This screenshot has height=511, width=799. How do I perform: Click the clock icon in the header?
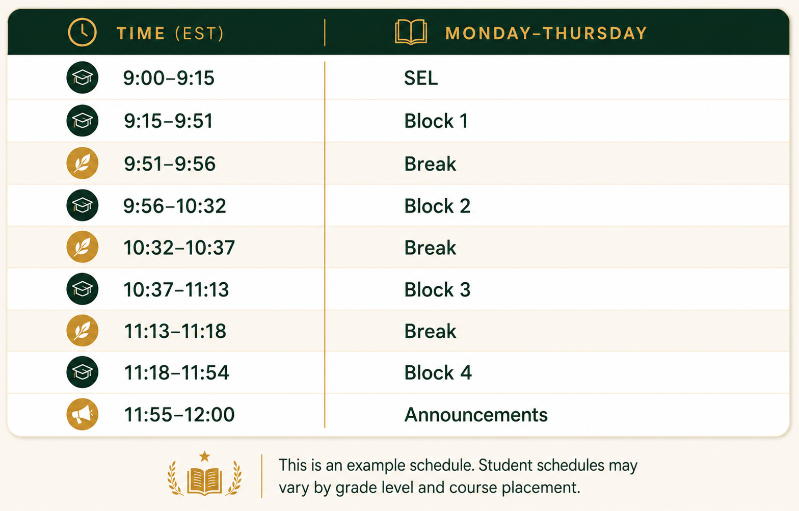pyautogui.click(x=82, y=32)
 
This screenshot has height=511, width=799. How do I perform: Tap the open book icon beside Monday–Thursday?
pyautogui.click(x=411, y=32)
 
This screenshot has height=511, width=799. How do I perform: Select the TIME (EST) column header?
pyautogui.click(x=170, y=34)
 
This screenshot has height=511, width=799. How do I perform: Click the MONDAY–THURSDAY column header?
pyautogui.click(x=546, y=33)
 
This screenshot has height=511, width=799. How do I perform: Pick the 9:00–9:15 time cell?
pyautogui.click(x=169, y=78)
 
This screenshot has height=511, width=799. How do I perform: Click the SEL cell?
pyautogui.click(x=421, y=78)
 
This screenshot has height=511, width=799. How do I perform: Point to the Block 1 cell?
pyautogui.click(x=436, y=121)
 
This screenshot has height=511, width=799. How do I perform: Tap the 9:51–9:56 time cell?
pyautogui.click(x=170, y=164)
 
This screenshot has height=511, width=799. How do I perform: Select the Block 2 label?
pyautogui.click(x=437, y=206)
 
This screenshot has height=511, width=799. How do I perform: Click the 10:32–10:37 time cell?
pyautogui.click(x=179, y=248)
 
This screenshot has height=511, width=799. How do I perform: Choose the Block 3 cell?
pyautogui.click(x=437, y=289)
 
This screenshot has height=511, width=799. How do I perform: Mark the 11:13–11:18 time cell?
pyautogui.click(x=175, y=331)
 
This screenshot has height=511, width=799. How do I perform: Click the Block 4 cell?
pyautogui.click(x=438, y=372)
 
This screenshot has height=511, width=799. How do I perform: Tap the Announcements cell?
pyautogui.click(x=476, y=414)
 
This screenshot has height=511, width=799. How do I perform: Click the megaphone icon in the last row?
pyautogui.click(x=82, y=414)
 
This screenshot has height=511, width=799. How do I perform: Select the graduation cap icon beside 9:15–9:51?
pyautogui.click(x=82, y=121)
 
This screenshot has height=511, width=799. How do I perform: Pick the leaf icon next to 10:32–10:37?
pyautogui.click(x=82, y=247)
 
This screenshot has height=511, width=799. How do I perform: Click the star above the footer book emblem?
pyautogui.click(x=204, y=456)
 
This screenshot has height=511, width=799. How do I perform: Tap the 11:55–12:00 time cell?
pyautogui.click(x=179, y=414)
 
